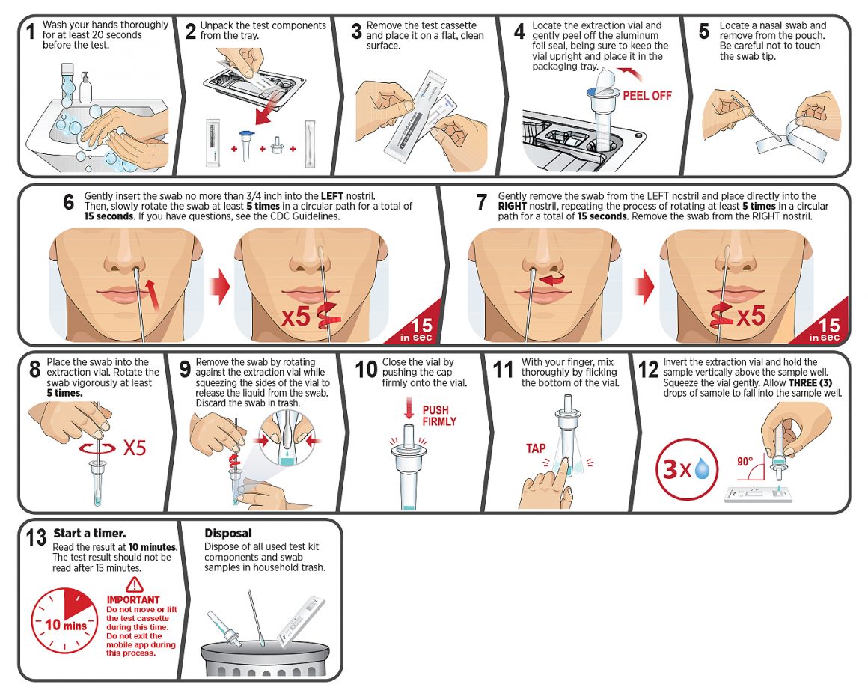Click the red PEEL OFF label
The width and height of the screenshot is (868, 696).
[647, 96]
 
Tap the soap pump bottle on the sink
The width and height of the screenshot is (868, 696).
[85, 88]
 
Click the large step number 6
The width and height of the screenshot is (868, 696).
[69, 203]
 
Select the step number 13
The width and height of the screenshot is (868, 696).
[37, 537]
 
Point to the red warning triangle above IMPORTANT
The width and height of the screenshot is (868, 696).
[134, 584]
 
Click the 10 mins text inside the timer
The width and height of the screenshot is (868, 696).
[66, 626]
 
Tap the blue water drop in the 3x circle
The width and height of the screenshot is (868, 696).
[703, 468]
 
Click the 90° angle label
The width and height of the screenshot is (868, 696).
[745, 461]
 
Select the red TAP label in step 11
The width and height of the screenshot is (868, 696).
[536, 448]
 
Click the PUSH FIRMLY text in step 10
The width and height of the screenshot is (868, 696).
[439, 416]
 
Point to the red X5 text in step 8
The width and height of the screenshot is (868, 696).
[135, 448]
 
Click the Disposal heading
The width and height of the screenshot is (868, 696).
[228, 533]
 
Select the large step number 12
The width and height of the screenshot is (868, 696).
[648, 370]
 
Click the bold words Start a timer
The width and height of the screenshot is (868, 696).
[90, 533]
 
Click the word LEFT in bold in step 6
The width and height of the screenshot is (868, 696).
[332, 196]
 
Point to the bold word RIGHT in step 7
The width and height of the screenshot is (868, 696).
[512, 206]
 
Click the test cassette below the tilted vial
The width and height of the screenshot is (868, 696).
[759, 493]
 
